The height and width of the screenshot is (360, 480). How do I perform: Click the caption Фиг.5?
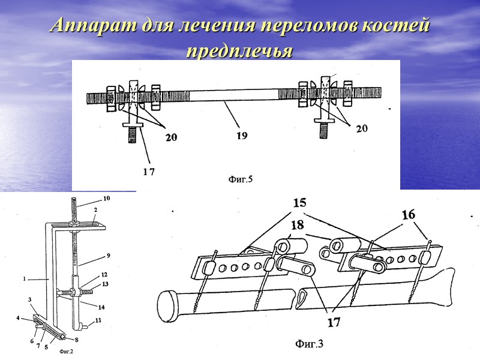tap(241, 178)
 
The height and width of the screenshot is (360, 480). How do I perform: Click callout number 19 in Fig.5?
tap(241, 136)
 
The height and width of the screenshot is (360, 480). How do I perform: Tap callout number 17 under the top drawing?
tap(148, 172)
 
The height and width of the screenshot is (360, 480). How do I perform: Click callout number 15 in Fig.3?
tap(299, 204)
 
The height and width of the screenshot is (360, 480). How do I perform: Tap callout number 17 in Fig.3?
tap(334, 322)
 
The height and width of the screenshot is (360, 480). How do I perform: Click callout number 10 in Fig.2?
tap(106, 198)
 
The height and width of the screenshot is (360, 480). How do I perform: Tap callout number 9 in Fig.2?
tap(108, 255)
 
